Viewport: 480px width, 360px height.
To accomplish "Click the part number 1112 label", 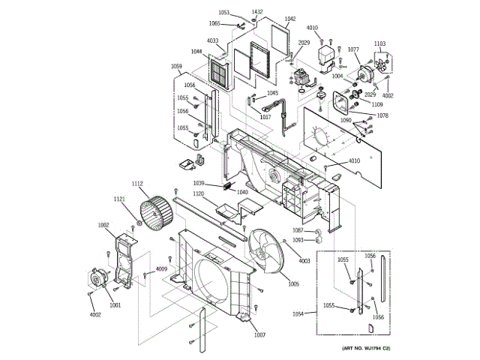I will pos(137,184).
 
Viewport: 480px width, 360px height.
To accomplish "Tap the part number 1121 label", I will pos(119,199).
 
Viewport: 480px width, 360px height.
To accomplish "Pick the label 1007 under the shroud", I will pos(259,334).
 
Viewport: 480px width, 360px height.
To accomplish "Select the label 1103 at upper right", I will pos(379,44).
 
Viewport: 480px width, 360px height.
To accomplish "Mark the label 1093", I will pos(298,240).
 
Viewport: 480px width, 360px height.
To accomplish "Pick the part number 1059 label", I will pos(176,67).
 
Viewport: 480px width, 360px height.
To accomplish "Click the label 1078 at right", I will pos(382,115).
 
